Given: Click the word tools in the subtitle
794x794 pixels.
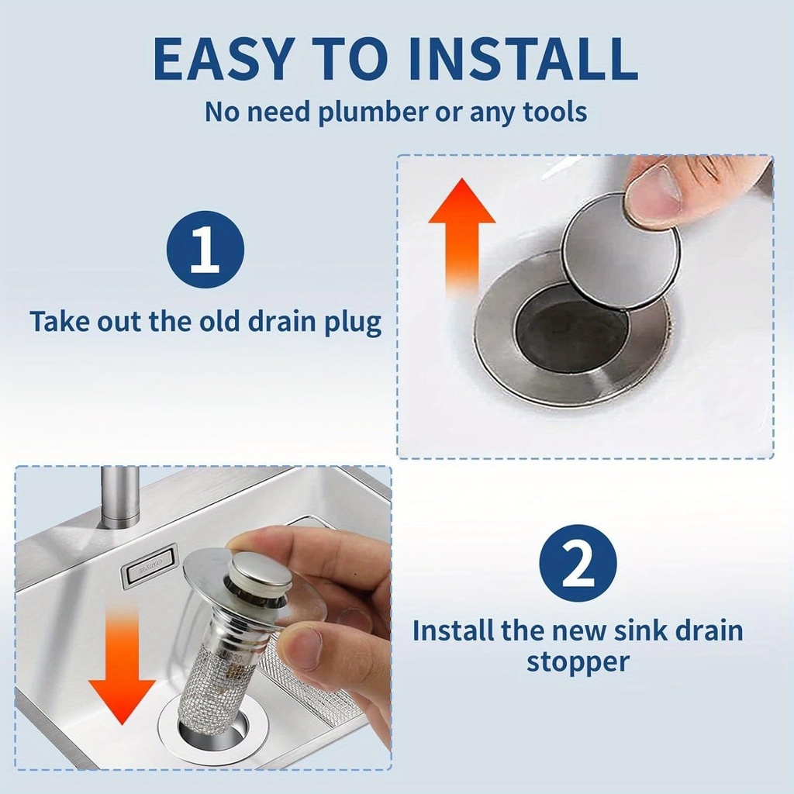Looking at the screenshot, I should pos(554,112).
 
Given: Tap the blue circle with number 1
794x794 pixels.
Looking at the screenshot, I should pos(205,250).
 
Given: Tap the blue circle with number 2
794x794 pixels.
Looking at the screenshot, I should pos(578,564).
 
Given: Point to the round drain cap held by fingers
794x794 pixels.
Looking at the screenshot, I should pos(620,252).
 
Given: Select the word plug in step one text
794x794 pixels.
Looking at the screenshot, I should pos(354,322).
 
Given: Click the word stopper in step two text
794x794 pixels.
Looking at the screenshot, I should pos(578,663).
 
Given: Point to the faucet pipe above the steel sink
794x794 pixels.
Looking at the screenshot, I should pos(120,496).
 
